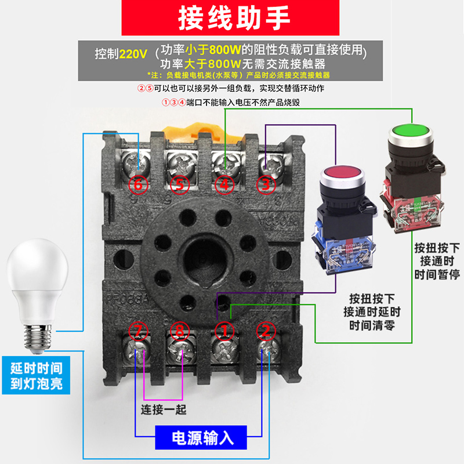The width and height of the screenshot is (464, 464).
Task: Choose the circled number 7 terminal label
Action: (138, 331)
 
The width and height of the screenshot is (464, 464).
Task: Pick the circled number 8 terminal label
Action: (180, 331)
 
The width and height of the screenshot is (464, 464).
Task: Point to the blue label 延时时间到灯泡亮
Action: (36, 375)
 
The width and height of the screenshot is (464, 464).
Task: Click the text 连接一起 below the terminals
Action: (164, 409)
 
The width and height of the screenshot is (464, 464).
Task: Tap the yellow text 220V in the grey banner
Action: (133, 54)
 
